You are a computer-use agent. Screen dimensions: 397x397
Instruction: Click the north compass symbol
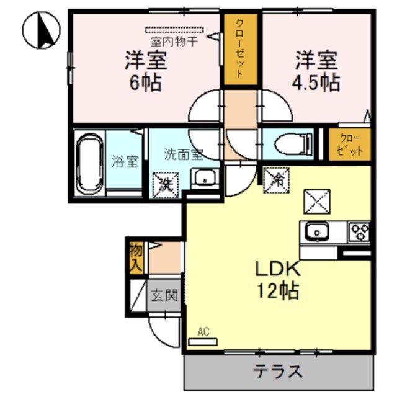pos(41,30)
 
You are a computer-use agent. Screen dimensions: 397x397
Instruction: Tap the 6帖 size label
pos(146,83)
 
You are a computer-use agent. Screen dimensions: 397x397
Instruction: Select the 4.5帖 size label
pos(317,83)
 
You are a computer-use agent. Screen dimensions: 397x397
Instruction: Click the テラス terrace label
pos(277,372)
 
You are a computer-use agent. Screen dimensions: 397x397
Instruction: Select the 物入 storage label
pos(136,256)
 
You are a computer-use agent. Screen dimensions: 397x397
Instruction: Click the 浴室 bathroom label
pos(125,163)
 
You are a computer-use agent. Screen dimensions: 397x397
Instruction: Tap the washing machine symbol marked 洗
pos(165,182)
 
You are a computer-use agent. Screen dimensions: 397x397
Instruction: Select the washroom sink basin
pos(203,179)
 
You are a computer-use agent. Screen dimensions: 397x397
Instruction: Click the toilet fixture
pos(292,143)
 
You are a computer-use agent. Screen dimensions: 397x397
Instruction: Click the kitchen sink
pos(318,233)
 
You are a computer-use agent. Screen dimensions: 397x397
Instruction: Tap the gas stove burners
pos(360,232)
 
